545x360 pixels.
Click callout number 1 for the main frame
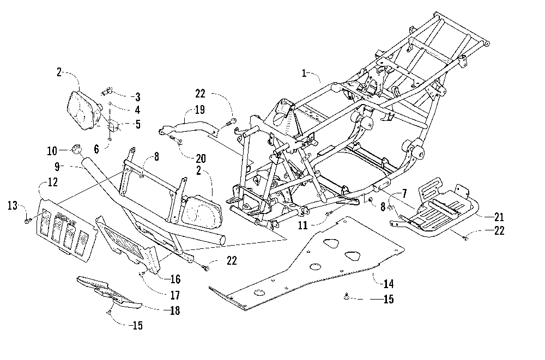click(304, 74)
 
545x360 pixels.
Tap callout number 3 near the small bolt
click(138, 97)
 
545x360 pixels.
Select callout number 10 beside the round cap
click(52, 151)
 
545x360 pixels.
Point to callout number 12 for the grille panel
click(52, 182)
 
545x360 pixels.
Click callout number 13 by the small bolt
click(13, 206)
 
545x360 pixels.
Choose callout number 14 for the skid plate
click(388, 284)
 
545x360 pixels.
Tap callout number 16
click(175, 279)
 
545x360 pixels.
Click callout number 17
click(175, 295)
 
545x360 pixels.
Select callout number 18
click(175, 310)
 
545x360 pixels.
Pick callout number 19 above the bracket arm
click(199, 110)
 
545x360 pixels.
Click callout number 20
click(201, 159)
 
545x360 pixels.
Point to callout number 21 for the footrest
click(499, 217)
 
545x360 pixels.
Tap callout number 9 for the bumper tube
click(57, 167)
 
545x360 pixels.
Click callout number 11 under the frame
click(303, 225)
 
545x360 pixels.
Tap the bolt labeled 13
click(27, 221)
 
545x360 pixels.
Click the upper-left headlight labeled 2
click(83, 111)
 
